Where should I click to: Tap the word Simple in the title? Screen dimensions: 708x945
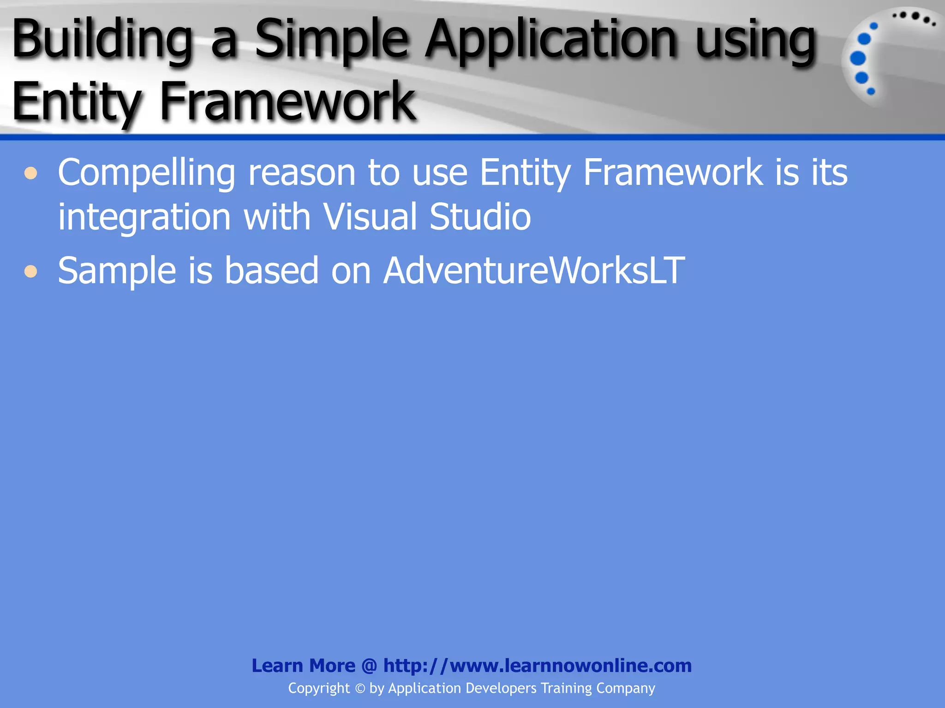331,41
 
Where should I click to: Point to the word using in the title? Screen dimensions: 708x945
756,41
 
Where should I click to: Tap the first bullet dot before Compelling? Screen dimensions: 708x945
31,173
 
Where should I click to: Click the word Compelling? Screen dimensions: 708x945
147,173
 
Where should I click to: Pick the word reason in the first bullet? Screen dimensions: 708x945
302,172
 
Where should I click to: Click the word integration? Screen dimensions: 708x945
144,218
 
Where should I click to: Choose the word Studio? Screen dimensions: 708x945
480,217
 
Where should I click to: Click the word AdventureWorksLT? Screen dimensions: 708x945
534,271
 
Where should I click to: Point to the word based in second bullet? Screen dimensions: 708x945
271,271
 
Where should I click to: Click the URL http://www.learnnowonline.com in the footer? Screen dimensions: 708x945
537,666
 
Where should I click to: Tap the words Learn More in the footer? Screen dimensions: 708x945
303,666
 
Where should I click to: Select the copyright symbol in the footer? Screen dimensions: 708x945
360,689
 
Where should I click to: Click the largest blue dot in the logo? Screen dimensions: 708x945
857,59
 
